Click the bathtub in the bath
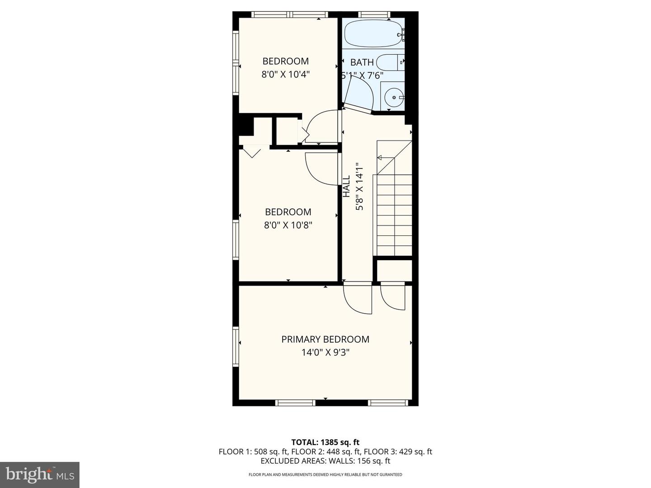(373, 33)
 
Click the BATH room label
(362, 62)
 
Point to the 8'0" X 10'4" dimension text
(285, 75)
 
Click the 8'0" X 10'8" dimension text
(288, 225)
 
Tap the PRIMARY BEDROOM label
(325, 339)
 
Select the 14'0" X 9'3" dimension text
(325, 352)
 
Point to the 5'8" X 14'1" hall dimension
(360, 186)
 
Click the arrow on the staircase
(380, 158)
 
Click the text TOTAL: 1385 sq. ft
(325, 442)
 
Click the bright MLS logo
(40, 474)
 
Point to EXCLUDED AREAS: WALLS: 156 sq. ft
(325, 461)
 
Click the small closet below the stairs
(394, 271)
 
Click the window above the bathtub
(374, 14)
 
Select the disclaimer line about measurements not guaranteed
(325, 475)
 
